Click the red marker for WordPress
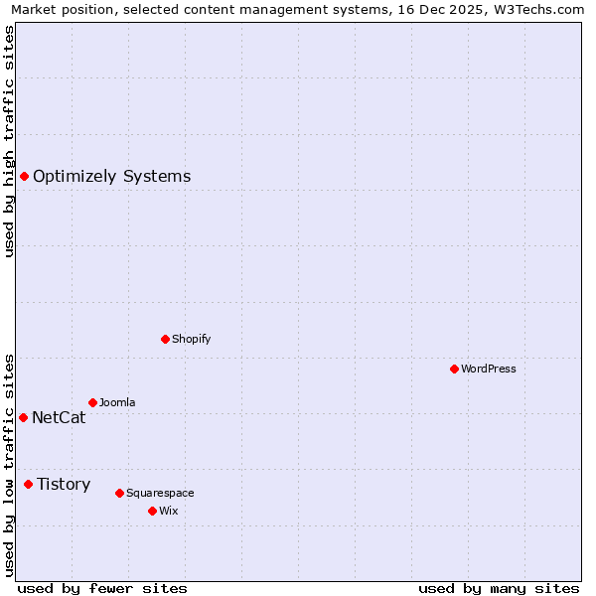454,369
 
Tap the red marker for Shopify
165,339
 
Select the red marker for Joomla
92,402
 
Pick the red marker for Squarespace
119,493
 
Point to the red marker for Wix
152,511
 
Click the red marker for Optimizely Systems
24,177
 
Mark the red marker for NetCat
23,417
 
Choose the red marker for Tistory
28,484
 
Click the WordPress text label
489,369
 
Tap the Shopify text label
192,339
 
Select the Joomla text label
117,402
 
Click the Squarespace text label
160,493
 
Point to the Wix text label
168,511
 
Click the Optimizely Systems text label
111,177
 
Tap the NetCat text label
59,417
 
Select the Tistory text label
64,484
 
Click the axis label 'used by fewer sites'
102,588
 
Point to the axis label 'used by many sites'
499,588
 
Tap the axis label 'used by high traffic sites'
10,141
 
